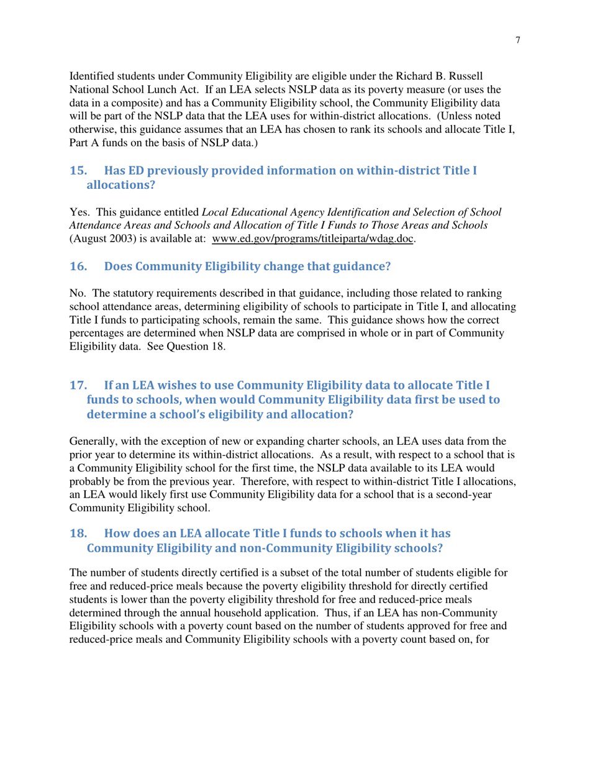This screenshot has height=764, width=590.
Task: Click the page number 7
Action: click(x=517, y=40)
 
